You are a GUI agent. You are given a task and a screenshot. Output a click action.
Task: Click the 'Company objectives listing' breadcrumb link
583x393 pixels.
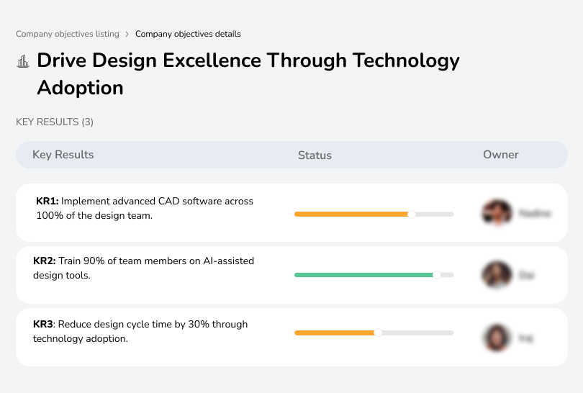point(68,34)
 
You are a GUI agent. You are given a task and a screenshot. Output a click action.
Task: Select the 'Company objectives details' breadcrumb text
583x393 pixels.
point(188,34)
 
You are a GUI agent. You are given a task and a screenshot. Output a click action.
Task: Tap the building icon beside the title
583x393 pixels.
point(23,61)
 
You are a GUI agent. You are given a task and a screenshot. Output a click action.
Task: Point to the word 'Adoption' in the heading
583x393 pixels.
point(80,88)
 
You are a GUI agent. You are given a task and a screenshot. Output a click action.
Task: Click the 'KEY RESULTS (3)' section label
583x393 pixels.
point(55,122)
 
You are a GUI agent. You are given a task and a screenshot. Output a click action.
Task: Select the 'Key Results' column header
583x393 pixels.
point(63,155)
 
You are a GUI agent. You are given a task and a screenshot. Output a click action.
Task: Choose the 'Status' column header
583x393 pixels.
point(315,155)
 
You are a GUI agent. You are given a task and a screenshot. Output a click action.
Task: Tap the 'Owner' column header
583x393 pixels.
point(501,155)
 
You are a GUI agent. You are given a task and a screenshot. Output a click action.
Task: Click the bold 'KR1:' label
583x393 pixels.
point(48,202)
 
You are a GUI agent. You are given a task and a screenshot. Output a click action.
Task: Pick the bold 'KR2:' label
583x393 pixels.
point(45,261)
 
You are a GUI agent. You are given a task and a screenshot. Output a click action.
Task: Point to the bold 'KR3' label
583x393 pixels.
point(44,325)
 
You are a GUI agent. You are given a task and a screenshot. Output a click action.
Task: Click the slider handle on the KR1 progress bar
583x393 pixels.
point(412,214)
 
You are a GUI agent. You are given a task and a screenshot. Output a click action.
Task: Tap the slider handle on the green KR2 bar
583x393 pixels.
point(436,275)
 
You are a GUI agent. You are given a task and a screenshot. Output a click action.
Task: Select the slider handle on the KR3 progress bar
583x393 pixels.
point(378,333)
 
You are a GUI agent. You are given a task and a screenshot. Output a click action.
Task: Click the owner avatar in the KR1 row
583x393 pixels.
point(496,213)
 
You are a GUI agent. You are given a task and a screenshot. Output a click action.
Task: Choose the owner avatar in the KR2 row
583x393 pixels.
point(496,274)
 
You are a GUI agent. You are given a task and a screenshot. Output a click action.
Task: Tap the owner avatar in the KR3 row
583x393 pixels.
point(496,337)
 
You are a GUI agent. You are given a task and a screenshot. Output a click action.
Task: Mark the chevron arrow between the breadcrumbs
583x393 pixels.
point(127,34)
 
